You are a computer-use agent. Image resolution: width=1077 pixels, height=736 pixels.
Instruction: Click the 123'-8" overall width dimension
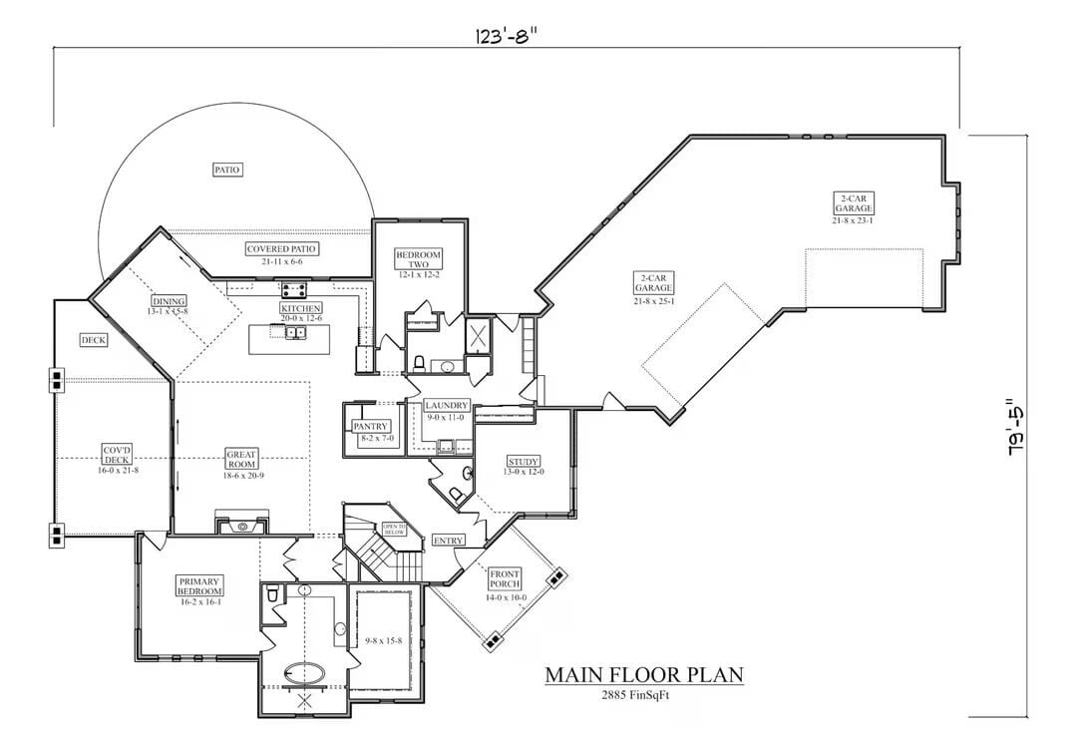point(506,37)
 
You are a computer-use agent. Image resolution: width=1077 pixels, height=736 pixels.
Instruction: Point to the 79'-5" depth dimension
point(1015,427)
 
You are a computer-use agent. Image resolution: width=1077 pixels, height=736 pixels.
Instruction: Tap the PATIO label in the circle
point(227,170)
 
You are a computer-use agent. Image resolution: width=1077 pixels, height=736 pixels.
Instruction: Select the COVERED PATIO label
point(283,248)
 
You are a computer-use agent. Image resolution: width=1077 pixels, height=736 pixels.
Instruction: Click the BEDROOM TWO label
point(418,259)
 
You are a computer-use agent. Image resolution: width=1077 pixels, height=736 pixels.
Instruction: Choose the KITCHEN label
point(300,309)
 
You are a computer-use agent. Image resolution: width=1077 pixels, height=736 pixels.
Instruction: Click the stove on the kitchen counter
point(294,291)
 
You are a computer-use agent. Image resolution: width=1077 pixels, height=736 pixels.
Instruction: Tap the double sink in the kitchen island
point(295,332)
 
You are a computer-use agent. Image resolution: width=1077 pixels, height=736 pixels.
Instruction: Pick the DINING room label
point(170,301)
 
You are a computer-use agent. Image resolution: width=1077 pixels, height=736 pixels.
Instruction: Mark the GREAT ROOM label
point(241,458)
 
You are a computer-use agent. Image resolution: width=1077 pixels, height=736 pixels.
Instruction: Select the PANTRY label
point(371,427)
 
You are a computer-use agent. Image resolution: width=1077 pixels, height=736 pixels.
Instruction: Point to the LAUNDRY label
point(446,406)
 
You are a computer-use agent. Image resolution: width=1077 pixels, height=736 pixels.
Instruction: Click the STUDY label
point(524,462)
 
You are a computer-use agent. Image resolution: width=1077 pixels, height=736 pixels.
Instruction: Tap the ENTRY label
point(449,540)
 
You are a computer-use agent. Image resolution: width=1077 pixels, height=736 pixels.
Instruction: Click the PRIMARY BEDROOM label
point(200,585)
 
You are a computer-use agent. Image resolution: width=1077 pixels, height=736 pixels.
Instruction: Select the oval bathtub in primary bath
point(304,675)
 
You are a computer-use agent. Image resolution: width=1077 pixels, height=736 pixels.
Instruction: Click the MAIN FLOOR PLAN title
point(643,675)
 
